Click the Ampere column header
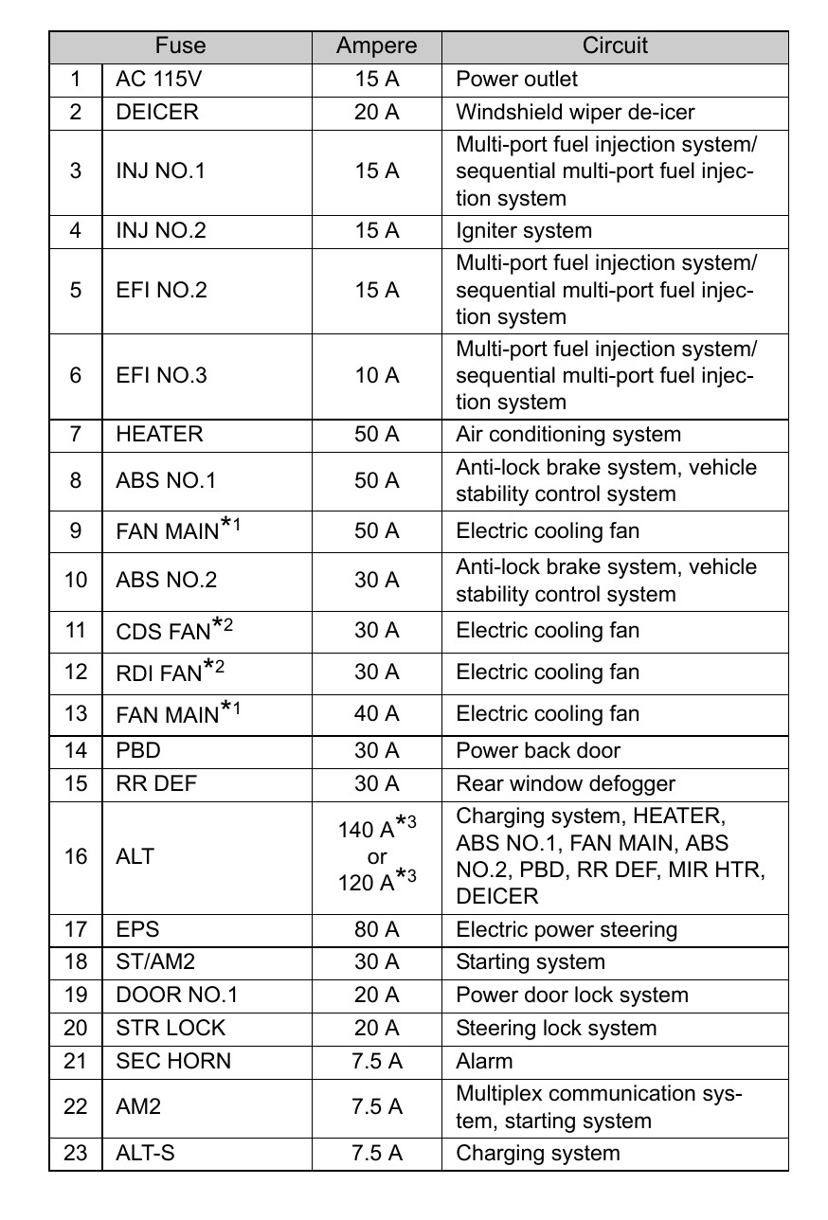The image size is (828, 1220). tap(376, 46)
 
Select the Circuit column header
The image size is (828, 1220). tap(615, 46)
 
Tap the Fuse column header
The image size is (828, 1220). tap(180, 46)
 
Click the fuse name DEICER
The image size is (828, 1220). tap(157, 112)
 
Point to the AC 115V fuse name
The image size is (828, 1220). tap(159, 80)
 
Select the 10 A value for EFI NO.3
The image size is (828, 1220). tap(376, 375)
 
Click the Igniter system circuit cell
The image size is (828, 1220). tap(524, 230)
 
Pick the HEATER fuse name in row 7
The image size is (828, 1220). tap(159, 435)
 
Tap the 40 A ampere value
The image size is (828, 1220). tap(376, 713)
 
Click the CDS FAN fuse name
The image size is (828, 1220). tap(162, 632)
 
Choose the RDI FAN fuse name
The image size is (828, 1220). tap(159, 673)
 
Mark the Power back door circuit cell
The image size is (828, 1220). tap(538, 750)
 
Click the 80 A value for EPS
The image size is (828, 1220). tap(376, 929)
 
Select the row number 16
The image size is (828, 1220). tap(76, 856)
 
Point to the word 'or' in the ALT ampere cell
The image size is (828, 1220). tap(376, 856)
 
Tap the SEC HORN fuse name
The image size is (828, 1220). tap(172, 1061)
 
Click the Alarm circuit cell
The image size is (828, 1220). tap(484, 1061)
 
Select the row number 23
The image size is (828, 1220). tap(76, 1153)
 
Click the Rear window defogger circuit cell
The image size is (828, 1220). tap(551, 783)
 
